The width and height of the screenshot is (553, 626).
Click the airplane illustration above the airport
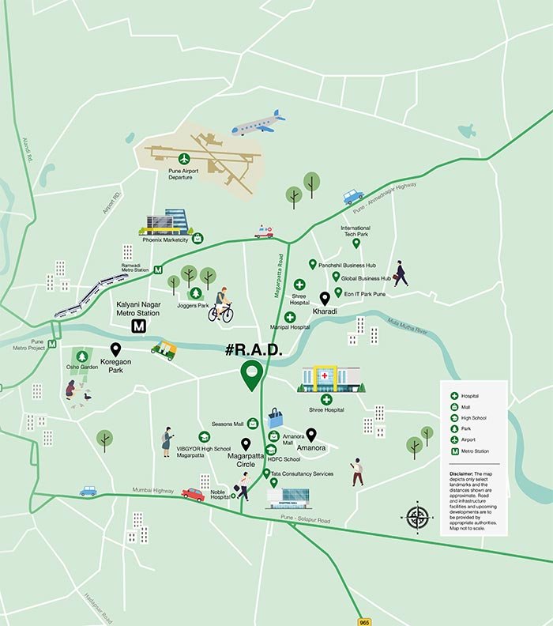click(x=258, y=123)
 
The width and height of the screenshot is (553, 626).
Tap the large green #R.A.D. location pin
click(x=252, y=375)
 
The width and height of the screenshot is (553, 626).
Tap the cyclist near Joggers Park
click(x=221, y=305)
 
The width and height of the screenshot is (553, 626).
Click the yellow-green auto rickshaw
click(x=164, y=349)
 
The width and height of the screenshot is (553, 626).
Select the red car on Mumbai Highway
click(x=193, y=494)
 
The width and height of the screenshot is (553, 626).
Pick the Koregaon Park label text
click(x=116, y=366)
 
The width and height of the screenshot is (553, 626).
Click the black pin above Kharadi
click(x=324, y=299)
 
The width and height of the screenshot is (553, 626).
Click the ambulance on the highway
click(x=264, y=232)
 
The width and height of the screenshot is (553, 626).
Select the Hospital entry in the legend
click(x=470, y=395)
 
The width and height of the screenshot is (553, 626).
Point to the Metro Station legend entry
click(x=474, y=451)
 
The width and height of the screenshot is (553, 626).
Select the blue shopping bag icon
click(x=274, y=417)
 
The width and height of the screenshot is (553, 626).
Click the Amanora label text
click(x=311, y=448)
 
